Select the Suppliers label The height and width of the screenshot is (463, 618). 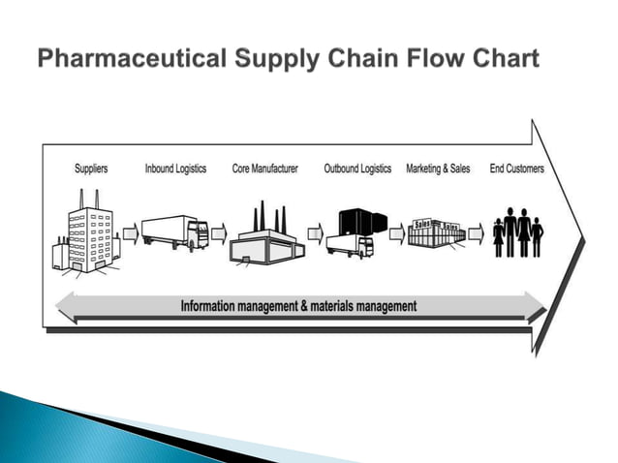91,169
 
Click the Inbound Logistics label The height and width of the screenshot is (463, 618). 175,169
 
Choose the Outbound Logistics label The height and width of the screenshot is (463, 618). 357,169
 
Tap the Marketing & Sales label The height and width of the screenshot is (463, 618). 438,169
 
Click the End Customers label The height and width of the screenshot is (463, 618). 516,169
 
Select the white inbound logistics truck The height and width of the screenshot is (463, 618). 174,232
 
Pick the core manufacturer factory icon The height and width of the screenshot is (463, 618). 264,236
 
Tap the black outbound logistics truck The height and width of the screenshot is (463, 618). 351,232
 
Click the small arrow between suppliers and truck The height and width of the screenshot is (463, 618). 129,234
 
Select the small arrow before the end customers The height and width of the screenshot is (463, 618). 475,234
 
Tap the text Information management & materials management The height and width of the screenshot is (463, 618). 298,306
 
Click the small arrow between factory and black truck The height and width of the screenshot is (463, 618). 314,234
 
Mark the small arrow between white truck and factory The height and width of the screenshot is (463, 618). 218,234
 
